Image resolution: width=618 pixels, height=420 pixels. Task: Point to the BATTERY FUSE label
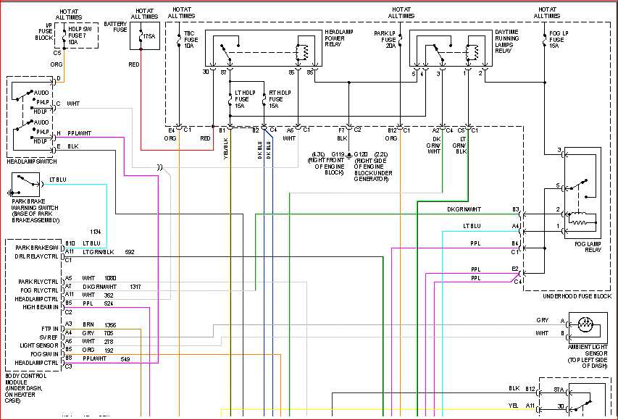coord(115,28)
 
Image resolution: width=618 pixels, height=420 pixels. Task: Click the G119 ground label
coord(338,154)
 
